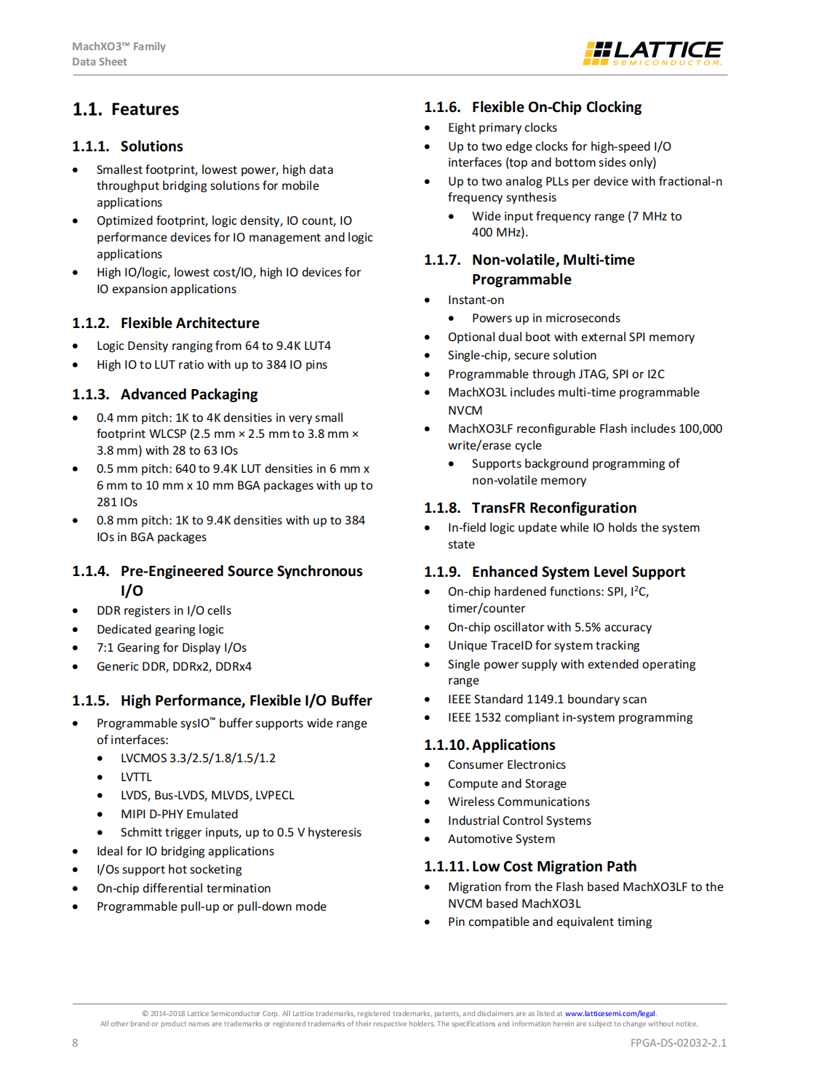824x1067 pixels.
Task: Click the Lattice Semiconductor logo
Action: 652,53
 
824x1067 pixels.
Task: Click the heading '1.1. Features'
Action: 125,109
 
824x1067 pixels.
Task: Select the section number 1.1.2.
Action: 90,323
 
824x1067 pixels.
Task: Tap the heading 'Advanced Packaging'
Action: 189,394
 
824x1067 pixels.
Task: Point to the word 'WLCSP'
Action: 167,434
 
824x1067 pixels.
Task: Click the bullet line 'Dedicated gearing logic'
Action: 160,629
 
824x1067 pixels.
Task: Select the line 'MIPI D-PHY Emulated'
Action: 179,814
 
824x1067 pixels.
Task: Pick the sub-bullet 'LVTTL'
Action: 136,777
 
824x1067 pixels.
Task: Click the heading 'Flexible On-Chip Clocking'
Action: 556,107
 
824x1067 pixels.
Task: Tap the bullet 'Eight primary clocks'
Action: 503,128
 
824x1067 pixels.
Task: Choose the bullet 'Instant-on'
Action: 476,300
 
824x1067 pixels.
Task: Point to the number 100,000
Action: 700,428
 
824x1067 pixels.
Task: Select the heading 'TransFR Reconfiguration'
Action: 553,508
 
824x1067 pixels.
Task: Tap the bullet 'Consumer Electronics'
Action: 506,764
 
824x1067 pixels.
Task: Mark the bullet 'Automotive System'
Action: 501,839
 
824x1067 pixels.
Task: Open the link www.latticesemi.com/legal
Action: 609,1013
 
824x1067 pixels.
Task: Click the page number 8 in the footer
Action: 75,1042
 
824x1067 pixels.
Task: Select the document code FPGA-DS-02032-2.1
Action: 678,1042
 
